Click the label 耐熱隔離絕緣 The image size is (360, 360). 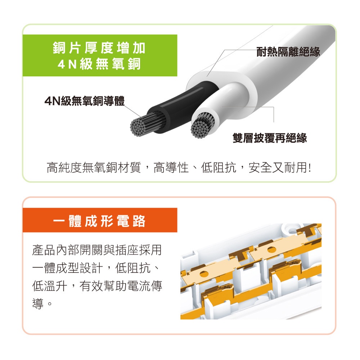pyautogui.click(x=288, y=51)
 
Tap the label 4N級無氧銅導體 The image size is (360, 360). pyautogui.click(x=85, y=101)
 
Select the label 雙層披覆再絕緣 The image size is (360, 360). pyautogui.click(x=270, y=138)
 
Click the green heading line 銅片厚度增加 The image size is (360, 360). pyautogui.click(x=99, y=48)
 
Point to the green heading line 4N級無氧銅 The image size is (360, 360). pyautogui.click(x=99, y=64)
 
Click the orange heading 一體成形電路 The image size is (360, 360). pyautogui.click(x=99, y=221)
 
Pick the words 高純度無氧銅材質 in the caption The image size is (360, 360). pyautogui.click(x=94, y=167)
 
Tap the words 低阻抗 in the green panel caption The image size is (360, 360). pyautogui.click(x=219, y=167)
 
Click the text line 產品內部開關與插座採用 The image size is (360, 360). pyautogui.click(x=97, y=250)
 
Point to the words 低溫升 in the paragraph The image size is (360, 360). pyautogui.click(x=50, y=286)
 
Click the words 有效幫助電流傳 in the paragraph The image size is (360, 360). pyautogui.click(x=121, y=286)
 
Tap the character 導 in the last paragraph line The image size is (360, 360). pyautogui.click(x=38, y=304)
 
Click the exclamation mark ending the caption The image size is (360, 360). pyautogui.click(x=310, y=168)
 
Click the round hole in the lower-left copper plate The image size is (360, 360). pyautogui.click(x=204, y=274)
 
